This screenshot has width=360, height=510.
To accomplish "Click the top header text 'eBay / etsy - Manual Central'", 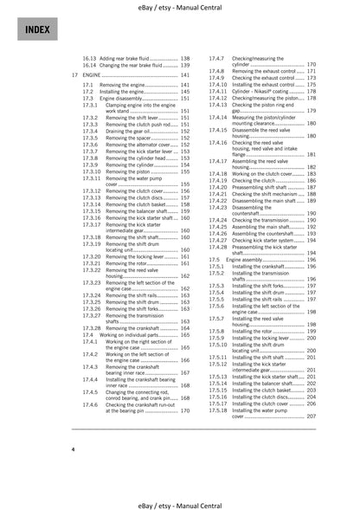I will click(179, 7).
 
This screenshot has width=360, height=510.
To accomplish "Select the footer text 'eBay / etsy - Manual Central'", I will click(179, 502).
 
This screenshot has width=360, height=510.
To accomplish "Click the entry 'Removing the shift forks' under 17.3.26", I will click(137, 308).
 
